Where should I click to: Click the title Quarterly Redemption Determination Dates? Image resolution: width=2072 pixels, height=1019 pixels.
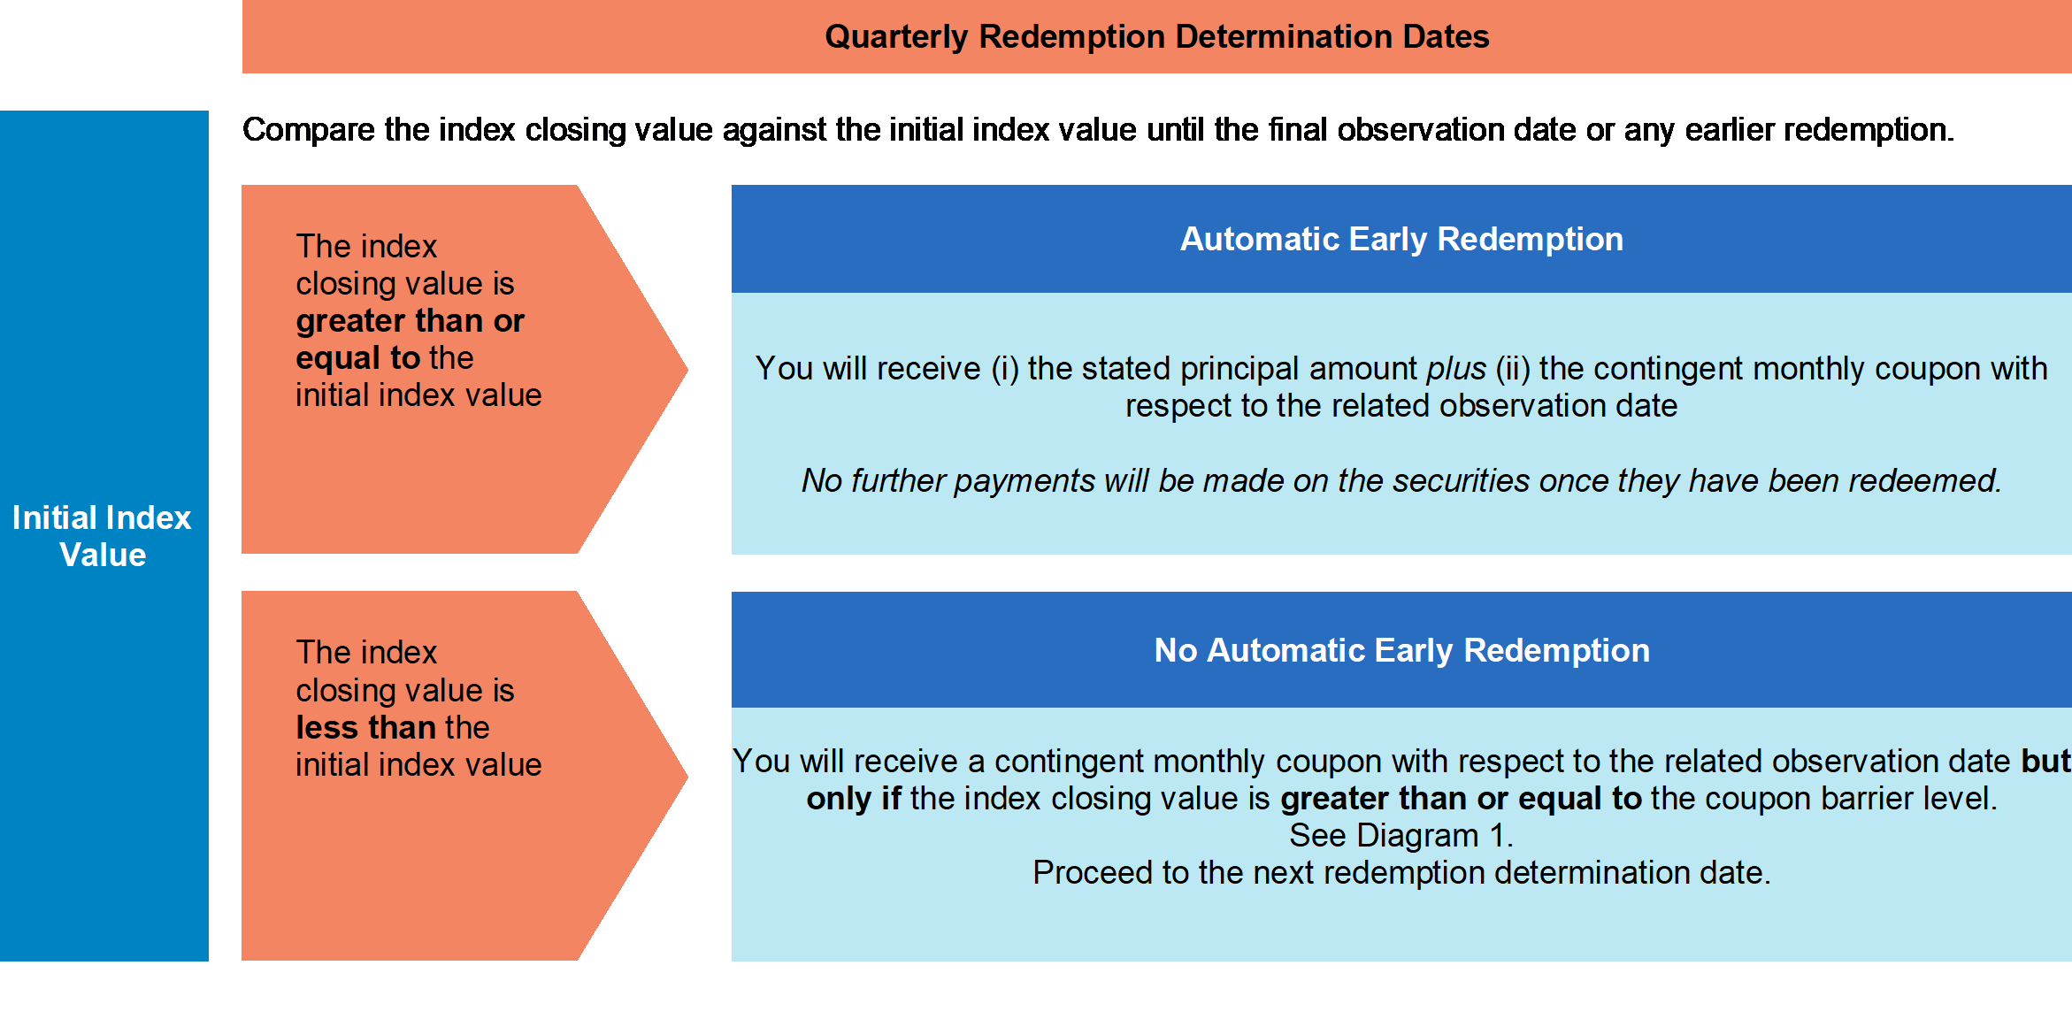click(x=1156, y=36)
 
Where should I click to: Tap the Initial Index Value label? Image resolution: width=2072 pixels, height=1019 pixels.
click(x=102, y=536)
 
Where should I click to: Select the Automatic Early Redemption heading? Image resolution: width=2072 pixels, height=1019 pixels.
click(x=1401, y=239)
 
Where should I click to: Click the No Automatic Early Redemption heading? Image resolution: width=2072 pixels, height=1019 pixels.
click(x=1401, y=650)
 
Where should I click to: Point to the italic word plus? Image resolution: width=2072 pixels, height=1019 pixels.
click(x=1456, y=368)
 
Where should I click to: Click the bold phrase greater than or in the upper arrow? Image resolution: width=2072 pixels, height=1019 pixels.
click(x=410, y=321)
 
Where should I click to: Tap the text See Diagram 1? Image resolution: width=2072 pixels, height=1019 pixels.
click(x=1401, y=835)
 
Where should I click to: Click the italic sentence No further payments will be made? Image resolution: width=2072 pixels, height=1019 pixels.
click(x=1401, y=480)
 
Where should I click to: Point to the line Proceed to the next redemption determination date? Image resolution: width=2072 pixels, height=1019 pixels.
click(x=1401, y=872)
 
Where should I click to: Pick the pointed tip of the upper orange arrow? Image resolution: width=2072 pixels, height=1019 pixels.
click(x=687, y=369)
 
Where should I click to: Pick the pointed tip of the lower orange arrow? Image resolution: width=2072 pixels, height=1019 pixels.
click(x=687, y=776)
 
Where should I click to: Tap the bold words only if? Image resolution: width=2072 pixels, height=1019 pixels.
click(x=854, y=798)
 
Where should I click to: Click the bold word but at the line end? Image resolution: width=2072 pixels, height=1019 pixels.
click(x=2046, y=761)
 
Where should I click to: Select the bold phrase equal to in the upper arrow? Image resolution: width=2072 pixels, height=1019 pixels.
click(x=357, y=358)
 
